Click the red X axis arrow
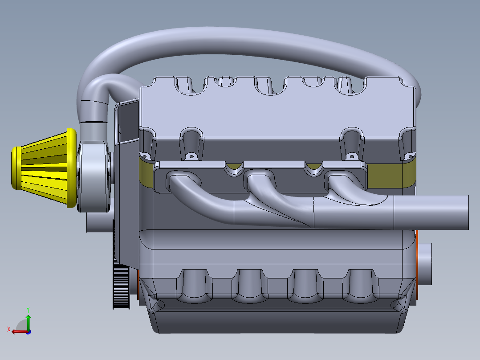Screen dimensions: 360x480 [x=18, y=331]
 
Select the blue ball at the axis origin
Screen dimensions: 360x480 [x=28, y=331]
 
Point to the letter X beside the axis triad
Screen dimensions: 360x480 [x=8, y=329]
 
